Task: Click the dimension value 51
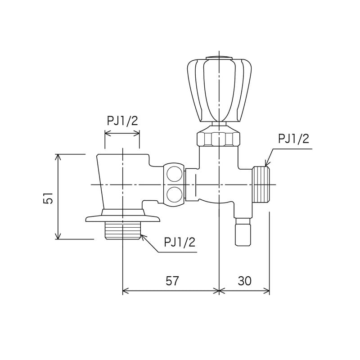pyautogui.click(x=48, y=198)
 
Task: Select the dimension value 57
pyautogui.click(x=172, y=280)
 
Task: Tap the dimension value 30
pyautogui.click(x=244, y=280)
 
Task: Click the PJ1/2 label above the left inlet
pyautogui.click(x=122, y=121)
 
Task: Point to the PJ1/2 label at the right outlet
pyautogui.click(x=294, y=139)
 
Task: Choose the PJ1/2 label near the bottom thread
pyautogui.click(x=180, y=242)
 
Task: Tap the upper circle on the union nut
pyautogui.click(x=175, y=174)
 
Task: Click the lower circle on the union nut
pyautogui.click(x=175, y=195)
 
